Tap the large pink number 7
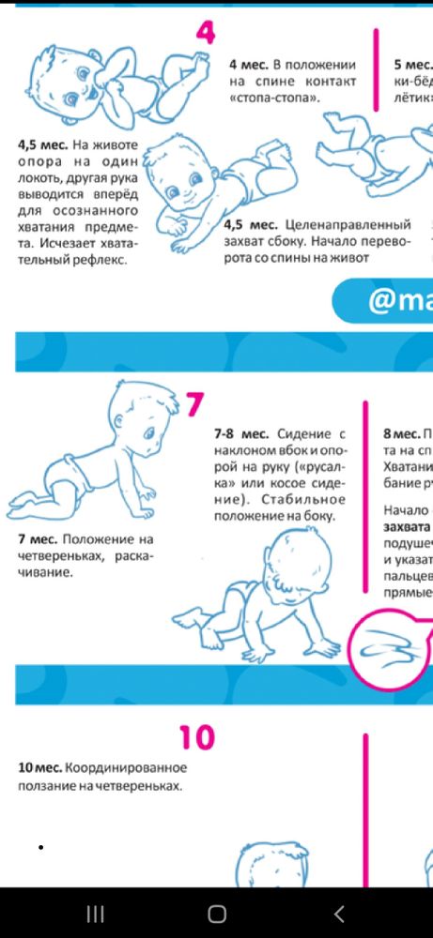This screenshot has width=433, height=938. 193,404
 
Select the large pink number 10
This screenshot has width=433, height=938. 196,737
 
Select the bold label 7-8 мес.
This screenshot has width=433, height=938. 240,434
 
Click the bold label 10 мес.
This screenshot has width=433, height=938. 39,767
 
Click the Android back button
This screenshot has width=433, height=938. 339,914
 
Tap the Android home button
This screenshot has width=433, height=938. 217,914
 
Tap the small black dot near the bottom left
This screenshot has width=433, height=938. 41,848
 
